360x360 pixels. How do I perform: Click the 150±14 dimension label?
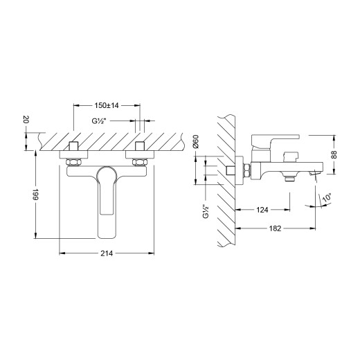pos(107,107)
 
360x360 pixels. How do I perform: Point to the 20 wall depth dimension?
pos(26,120)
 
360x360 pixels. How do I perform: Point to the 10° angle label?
pos(326,199)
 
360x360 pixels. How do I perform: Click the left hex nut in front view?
pos(73,163)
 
